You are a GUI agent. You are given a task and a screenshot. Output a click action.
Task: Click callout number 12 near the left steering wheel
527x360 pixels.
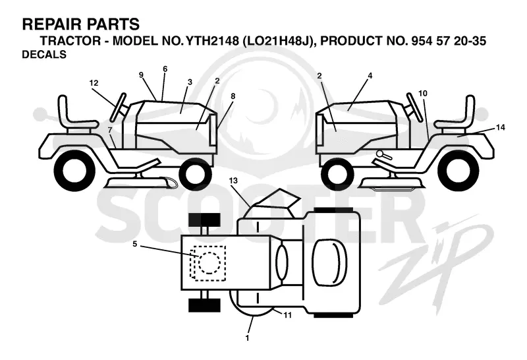[x=94, y=83]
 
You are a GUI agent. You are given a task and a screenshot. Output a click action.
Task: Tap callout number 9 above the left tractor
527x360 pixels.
[x=141, y=75]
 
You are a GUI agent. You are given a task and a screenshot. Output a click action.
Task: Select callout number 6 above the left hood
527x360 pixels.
[x=165, y=69]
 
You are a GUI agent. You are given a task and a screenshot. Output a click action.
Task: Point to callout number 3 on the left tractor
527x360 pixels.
[x=190, y=82]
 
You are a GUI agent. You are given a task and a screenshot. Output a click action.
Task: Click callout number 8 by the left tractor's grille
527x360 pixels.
[x=233, y=96]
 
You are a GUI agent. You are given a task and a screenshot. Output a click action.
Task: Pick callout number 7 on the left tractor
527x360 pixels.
[x=110, y=129]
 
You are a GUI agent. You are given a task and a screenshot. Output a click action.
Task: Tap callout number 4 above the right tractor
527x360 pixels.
[x=370, y=76]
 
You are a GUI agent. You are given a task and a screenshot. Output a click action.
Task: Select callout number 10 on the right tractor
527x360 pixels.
[x=423, y=93]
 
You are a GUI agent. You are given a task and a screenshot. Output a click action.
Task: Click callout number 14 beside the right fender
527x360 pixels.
[x=501, y=127]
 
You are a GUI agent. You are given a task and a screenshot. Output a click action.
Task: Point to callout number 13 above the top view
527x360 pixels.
[x=233, y=181]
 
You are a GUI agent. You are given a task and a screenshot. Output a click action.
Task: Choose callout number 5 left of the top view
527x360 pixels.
[x=135, y=244]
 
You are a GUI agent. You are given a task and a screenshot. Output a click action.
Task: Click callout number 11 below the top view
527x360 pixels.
[x=287, y=315]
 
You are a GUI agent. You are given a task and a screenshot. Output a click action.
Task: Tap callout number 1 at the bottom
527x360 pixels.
[x=248, y=338]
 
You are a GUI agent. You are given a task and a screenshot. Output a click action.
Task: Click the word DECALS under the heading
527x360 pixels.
[x=44, y=54]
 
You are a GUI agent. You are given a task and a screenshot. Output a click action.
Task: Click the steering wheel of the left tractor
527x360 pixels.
[x=119, y=107]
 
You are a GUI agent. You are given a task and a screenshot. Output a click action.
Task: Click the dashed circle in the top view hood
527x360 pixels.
[x=209, y=263]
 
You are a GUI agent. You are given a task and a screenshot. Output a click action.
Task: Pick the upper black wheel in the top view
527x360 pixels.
[x=204, y=220]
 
